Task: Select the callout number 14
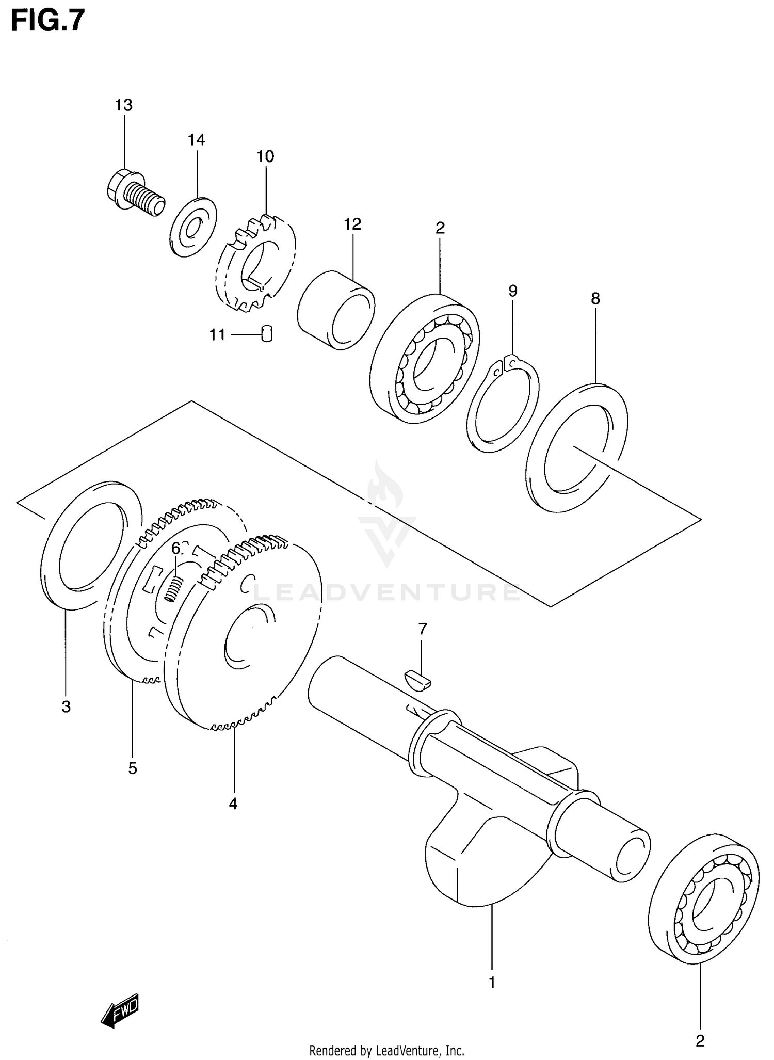point(196,140)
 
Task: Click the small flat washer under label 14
point(193,227)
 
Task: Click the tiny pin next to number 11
point(267,334)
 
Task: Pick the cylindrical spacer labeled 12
point(336,310)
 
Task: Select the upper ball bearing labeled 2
point(424,359)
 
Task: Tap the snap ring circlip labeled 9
point(503,404)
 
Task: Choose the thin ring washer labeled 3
point(91,545)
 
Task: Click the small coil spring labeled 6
point(174,588)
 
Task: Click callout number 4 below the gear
point(233,804)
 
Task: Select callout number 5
point(133,768)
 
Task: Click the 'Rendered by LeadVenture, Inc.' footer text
point(386,1050)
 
